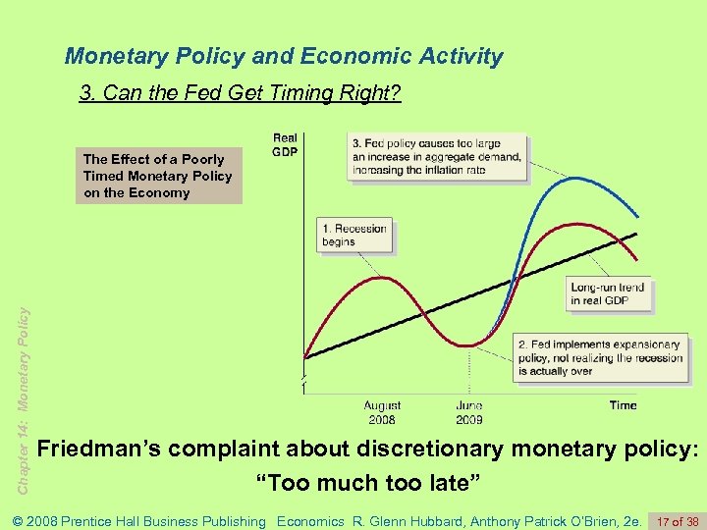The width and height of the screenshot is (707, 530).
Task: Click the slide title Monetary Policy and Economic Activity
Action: click(284, 56)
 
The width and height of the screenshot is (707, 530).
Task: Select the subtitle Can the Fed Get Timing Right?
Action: click(241, 94)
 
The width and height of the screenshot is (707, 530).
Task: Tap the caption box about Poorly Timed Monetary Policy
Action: click(158, 176)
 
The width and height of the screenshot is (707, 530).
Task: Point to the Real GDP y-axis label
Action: click(285, 145)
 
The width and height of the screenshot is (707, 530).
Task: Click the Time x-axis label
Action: click(623, 404)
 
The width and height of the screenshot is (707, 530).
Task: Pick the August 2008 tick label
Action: click(382, 412)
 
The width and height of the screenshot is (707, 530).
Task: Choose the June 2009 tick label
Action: click(469, 412)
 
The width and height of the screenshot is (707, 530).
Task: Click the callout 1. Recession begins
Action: click(353, 235)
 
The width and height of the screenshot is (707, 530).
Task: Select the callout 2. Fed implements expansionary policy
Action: click(600, 358)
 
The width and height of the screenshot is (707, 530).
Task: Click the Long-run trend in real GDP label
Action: click(609, 293)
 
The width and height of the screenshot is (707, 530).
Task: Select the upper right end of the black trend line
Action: click(638, 234)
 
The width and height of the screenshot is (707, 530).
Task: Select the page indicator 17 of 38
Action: click(678, 521)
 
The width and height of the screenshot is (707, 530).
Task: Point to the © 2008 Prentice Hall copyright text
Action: click(137, 521)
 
